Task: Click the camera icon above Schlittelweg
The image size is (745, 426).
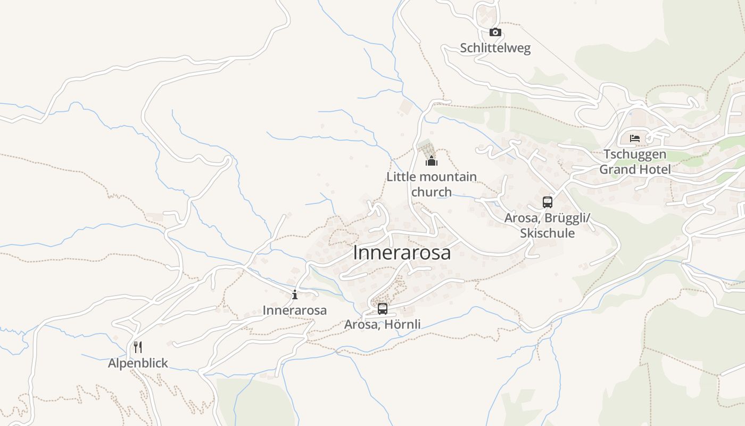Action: pos(495,32)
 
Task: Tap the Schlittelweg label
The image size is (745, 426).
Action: pos(495,48)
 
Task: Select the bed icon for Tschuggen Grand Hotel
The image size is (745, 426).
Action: pos(635,138)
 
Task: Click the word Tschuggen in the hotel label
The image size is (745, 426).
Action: pos(634,155)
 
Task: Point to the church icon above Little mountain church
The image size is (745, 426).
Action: pos(431,161)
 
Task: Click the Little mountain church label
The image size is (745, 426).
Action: pos(432,184)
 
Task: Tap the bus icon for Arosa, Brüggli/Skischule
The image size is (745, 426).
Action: pos(548,202)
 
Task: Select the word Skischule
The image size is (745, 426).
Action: pos(548,233)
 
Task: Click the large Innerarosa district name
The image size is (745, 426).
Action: pos(402,253)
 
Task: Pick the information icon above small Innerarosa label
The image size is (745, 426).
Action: pos(295,294)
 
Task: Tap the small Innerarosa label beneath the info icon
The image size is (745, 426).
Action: pos(295,310)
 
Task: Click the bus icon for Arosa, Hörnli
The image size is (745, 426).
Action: pos(383,309)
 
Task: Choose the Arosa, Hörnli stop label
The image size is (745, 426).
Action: pos(383,324)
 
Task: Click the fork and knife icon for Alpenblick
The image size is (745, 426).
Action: pos(138,347)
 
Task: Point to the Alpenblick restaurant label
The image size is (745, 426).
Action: pos(138,363)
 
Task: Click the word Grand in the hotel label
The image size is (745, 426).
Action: pos(620,170)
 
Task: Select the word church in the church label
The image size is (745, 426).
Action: pos(432,192)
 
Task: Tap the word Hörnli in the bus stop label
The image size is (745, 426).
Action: pos(403,324)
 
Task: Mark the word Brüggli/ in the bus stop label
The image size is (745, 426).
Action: pos(569,218)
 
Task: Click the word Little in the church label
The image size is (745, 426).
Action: pos(400,177)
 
